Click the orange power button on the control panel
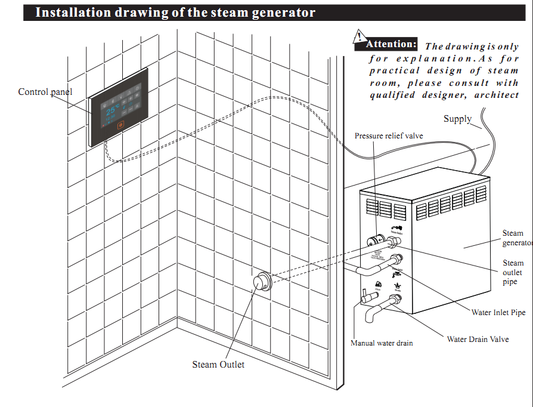click(x=121, y=125)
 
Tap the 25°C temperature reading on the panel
click(x=113, y=110)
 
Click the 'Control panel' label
click(x=45, y=92)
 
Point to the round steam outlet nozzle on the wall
click(x=261, y=282)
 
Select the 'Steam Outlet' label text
click(x=218, y=365)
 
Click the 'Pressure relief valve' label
click(x=389, y=136)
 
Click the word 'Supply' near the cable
click(x=457, y=119)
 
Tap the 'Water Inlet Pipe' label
click(x=498, y=312)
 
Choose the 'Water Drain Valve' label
click(x=478, y=339)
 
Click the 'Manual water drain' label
click(x=382, y=343)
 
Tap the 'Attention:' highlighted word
click(x=391, y=44)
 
